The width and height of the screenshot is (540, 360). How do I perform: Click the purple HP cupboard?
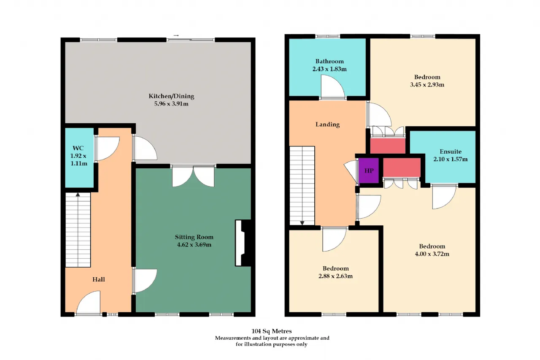[369, 171]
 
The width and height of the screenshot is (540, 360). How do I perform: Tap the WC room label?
[78, 148]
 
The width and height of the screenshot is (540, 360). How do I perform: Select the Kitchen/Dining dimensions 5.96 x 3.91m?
[171, 104]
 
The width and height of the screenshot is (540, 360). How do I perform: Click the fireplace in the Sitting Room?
[243, 243]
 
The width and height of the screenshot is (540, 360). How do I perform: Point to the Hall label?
[99, 279]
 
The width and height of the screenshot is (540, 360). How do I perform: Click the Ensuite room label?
[451, 152]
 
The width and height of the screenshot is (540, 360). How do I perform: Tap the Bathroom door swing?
[333, 87]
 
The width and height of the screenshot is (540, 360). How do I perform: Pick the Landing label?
[327, 125]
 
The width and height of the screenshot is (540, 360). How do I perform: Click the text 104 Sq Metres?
[271, 331]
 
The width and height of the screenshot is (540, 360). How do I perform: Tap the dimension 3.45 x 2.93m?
[427, 85]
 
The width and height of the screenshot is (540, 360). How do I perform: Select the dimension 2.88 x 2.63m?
[335, 276]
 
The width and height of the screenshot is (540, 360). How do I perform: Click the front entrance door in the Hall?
[88, 303]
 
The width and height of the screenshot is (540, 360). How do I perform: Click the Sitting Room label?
[194, 237]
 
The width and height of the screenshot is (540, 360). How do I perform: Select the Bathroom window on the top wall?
[327, 36]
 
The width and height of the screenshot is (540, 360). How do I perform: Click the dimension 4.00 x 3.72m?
[432, 254]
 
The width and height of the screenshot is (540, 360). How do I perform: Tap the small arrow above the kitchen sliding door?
[176, 35]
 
